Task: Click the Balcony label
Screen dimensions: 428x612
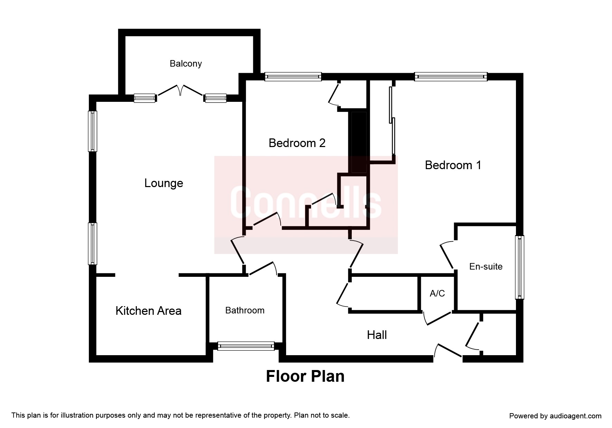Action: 186,64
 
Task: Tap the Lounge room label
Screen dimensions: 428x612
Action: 163,183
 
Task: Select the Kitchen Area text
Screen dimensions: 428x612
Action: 148,311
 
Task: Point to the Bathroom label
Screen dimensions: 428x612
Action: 245,310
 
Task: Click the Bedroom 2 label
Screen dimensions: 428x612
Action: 297,143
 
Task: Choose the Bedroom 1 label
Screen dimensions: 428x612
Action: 453,165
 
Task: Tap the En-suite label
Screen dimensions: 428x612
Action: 486,266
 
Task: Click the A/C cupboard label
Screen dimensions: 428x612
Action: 437,293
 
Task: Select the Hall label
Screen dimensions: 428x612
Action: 377,335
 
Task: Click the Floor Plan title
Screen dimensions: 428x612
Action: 305,376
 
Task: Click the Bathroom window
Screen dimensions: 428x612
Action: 246,346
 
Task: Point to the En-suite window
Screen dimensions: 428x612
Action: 519,267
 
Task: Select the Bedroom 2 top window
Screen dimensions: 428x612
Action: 293,77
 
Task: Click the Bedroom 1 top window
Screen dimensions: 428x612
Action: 451,77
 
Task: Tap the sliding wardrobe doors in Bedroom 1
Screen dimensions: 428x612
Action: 392,121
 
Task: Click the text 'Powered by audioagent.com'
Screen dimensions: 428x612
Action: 555,416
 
